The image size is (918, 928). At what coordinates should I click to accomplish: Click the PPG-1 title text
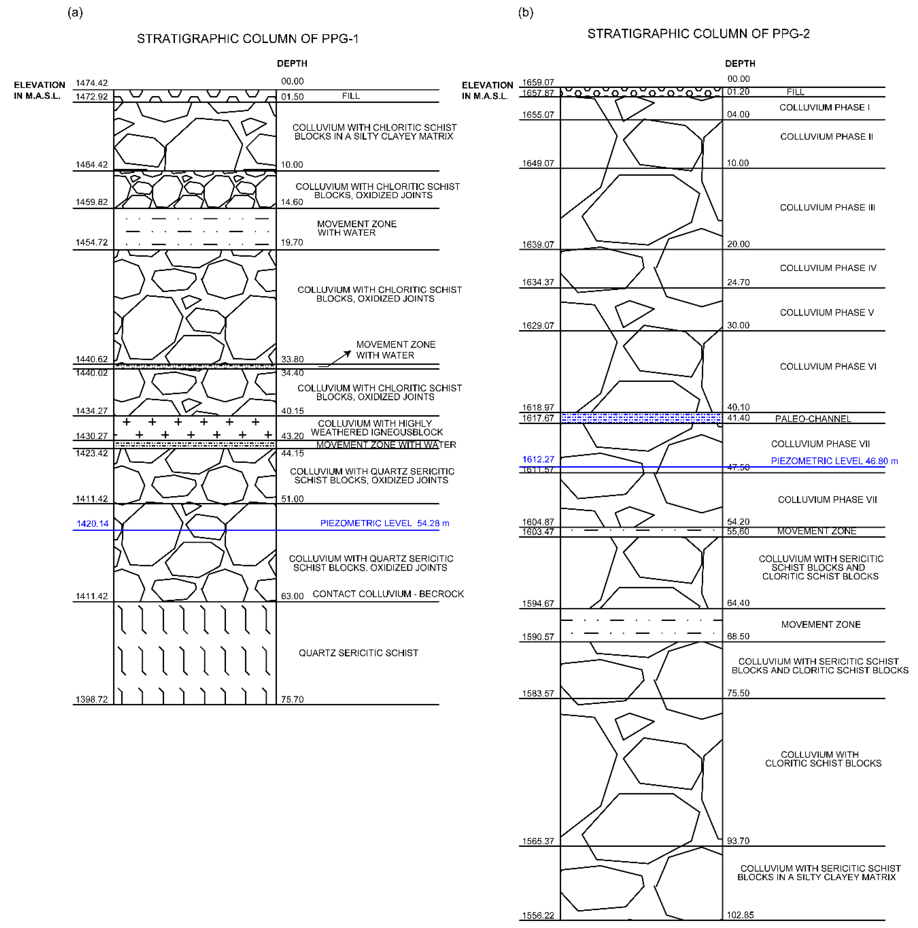pyautogui.click(x=248, y=39)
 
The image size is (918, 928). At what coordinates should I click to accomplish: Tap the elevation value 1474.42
pyautogui.click(x=92, y=83)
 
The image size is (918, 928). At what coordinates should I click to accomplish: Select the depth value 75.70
pyautogui.click(x=292, y=699)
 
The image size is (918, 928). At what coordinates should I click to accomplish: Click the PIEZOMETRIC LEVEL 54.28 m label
pyautogui.click(x=384, y=523)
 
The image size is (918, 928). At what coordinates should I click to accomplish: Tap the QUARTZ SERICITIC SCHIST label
pyautogui.click(x=358, y=653)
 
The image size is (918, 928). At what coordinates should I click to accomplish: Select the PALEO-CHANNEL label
pyautogui.click(x=813, y=419)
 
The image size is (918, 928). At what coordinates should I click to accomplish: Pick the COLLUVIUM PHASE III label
pyautogui.click(x=827, y=207)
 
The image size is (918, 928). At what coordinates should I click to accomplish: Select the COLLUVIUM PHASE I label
pyautogui.click(x=824, y=108)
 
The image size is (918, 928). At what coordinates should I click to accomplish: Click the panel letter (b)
pyautogui.click(x=525, y=12)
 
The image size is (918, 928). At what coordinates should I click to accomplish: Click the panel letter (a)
pyautogui.click(x=75, y=12)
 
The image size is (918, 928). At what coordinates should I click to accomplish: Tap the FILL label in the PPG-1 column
pyautogui.click(x=351, y=96)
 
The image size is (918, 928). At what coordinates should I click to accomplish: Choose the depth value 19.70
pyautogui.click(x=292, y=243)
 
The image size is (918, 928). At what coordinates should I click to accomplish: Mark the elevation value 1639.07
pyautogui.click(x=538, y=245)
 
